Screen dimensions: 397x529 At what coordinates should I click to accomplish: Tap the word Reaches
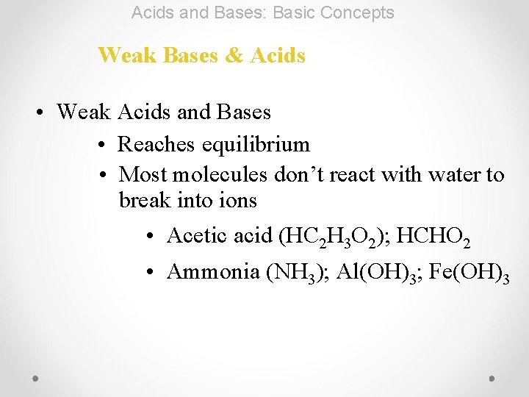[153, 144]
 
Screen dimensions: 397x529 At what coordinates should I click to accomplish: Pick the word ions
[240, 200]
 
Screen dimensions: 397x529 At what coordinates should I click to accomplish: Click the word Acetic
[196, 235]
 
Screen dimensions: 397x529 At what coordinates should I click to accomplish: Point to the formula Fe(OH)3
[469, 272]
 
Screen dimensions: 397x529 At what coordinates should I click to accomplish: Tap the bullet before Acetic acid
[148, 236]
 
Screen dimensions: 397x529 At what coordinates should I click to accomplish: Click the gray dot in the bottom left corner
[36, 377]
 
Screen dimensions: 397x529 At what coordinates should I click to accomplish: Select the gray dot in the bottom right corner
[492, 377]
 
